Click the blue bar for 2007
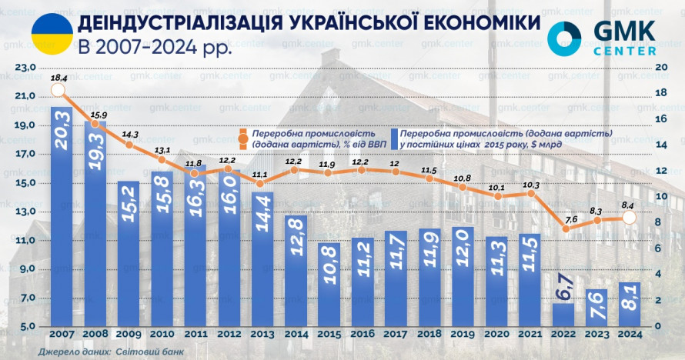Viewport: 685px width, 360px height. (x=62, y=215)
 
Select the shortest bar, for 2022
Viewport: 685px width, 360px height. (x=563, y=314)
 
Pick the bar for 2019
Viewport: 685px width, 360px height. (x=463, y=276)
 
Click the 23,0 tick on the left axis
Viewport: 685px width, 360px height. (x=25, y=68)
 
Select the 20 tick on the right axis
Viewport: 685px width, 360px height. (x=659, y=68)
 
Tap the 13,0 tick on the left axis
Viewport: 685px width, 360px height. (x=25, y=212)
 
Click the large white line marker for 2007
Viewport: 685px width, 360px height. (x=57, y=91)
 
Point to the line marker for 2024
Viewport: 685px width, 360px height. (x=629, y=218)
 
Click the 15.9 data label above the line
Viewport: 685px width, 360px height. (x=99, y=115)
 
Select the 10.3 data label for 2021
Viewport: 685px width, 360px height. (x=529, y=185)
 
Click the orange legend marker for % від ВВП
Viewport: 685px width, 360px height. (x=243, y=139)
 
